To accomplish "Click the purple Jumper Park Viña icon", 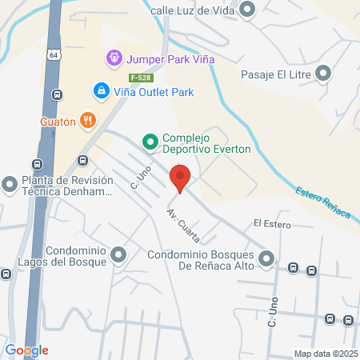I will point(114,58).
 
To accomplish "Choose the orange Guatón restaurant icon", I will point(89,122).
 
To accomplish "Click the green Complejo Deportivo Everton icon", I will point(149,142).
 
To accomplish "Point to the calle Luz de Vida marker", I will point(247,10).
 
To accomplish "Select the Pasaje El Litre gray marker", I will point(323,74).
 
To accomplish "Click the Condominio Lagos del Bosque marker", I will point(119,256).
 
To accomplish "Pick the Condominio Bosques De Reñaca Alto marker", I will point(266,258).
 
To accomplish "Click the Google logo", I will point(26,350).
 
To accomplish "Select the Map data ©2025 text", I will point(326,353).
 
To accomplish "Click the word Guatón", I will point(57,122).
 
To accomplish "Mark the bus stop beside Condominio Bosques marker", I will point(294,268).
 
